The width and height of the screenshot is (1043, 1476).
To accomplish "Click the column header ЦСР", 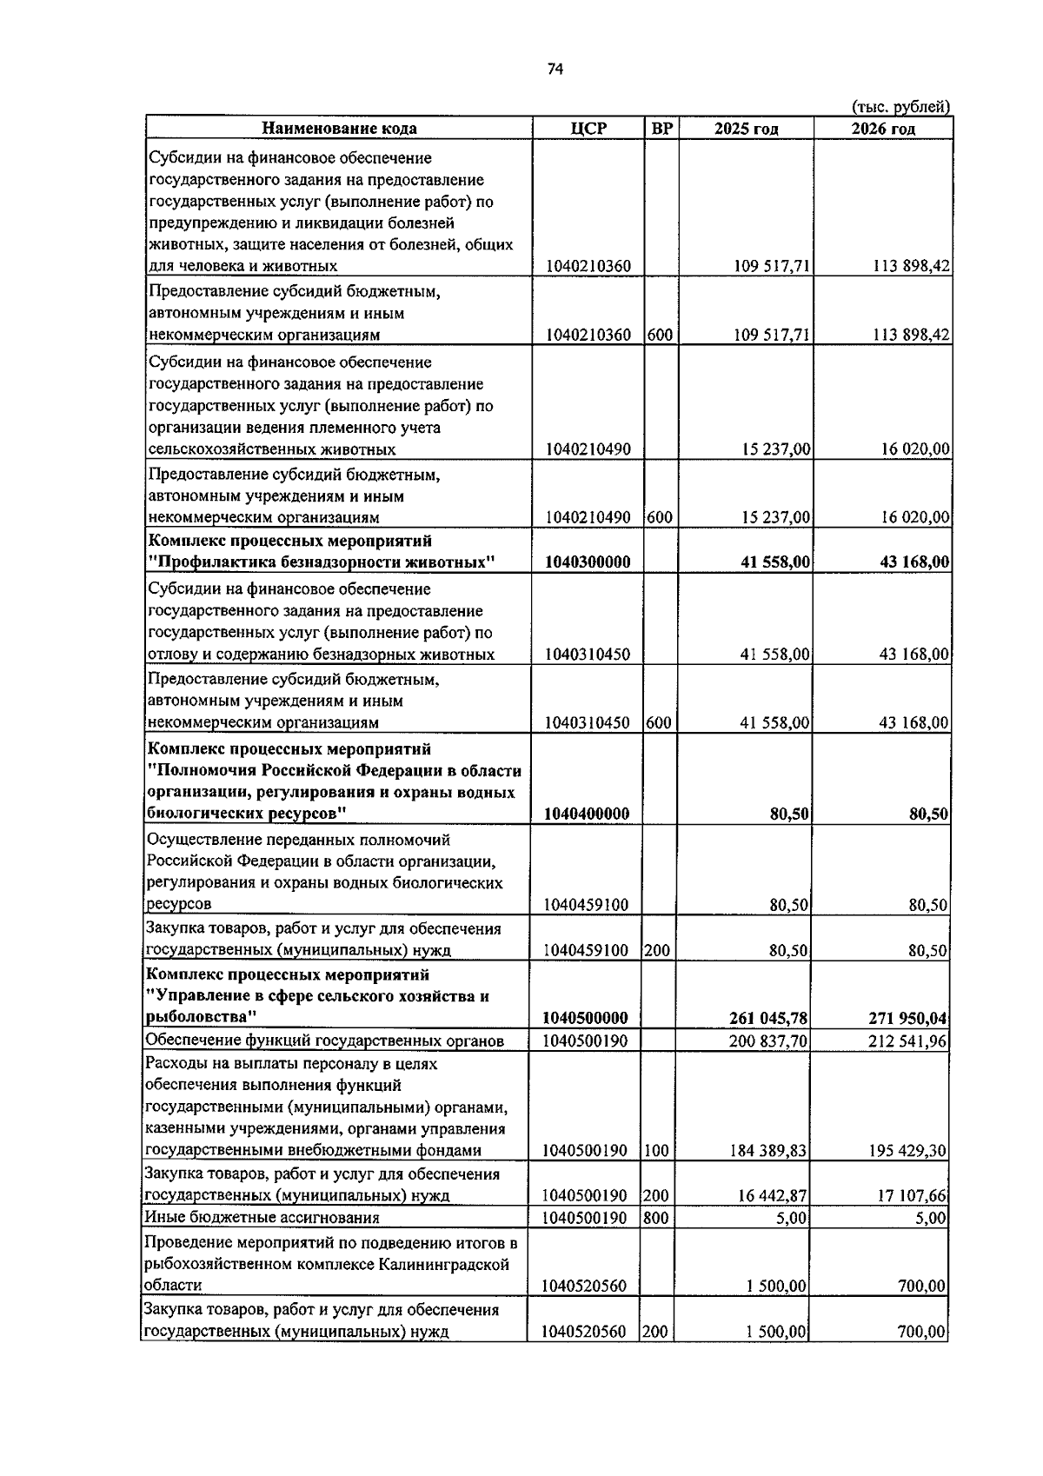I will click(588, 129).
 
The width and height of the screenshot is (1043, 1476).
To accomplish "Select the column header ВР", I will click(661, 129).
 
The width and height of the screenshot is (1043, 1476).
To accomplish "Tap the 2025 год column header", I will click(746, 129).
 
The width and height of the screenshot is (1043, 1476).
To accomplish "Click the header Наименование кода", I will click(339, 129).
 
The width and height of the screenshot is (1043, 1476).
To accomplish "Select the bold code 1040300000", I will click(588, 562).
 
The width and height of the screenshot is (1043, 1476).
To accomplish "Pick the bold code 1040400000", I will click(587, 814).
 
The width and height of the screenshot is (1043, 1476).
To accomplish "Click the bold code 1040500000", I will click(585, 1018).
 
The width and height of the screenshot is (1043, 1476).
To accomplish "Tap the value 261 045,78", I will click(770, 1018).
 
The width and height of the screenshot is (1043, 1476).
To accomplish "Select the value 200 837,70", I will click(769, 1041).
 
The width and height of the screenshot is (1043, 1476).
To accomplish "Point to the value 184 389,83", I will click(769, 1151).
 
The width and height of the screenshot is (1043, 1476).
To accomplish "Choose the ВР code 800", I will click(656, 1218).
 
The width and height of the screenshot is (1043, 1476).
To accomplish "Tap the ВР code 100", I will click(656, 1151).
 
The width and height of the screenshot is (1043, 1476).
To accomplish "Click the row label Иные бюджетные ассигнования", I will click(262, 1218).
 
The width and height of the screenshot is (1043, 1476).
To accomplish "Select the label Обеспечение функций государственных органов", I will click(324, 1041).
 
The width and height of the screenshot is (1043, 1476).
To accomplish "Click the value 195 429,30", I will click(907, 1151).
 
